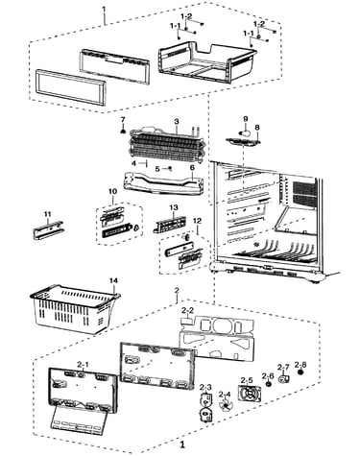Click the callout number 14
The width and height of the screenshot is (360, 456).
pos(113,280)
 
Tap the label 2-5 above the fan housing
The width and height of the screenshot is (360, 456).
pos(247,380)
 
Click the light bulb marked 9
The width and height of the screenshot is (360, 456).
pos(245,132)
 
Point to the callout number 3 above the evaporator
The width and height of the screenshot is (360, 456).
pos(177,122)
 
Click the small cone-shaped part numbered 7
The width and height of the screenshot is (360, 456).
pos(123,130)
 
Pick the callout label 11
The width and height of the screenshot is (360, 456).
pos(47,214)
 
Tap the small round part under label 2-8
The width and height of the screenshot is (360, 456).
pos(300,372)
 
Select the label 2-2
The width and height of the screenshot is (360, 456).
pos(187,310)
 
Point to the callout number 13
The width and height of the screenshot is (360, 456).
pos(174,207)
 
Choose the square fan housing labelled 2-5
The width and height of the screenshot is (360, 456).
pos(249,393)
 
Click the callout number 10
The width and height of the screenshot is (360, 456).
pos(112,191)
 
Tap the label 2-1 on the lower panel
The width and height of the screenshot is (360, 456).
pos(83,364)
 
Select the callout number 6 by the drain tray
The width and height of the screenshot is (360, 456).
pos(192,168)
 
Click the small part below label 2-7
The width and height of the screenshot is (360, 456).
pos(284,379)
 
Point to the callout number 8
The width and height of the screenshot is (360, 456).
pos(257,128)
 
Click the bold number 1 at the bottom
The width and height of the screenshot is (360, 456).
pos(182,444)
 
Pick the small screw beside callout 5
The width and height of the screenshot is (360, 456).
pos(170,168)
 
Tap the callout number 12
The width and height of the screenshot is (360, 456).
pos(198,221)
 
